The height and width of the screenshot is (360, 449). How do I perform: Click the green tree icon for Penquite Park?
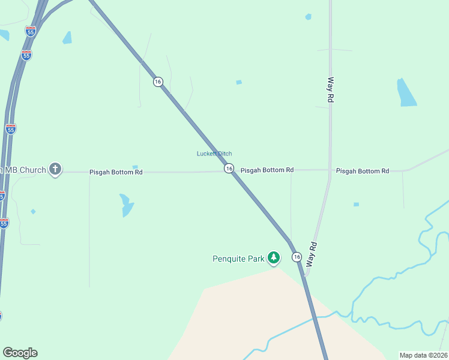pos(274,258)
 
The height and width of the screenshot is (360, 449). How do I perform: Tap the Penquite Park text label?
pos(238,259)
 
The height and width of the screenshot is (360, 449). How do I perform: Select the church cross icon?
pos(55,170)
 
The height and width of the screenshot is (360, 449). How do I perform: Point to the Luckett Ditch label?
pos(214,154)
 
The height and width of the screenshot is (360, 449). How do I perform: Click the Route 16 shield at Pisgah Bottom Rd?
pos(229,169)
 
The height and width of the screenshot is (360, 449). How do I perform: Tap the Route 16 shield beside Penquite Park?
pos(297,257)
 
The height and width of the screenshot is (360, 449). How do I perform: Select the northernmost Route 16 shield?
pos(157,82)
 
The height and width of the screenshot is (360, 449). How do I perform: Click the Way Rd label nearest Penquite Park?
pos(312,254)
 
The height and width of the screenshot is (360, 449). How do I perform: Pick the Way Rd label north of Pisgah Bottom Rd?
pos(330,89)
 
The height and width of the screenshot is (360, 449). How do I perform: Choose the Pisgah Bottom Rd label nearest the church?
pos(116,172)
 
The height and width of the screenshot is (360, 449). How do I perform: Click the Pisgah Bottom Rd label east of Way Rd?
pos(363,171)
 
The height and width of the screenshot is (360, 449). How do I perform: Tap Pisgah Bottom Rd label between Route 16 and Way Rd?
pos(267,170)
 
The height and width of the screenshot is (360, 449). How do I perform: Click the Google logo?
pos(20,353)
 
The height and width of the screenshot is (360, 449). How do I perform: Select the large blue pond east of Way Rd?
pos(406,94)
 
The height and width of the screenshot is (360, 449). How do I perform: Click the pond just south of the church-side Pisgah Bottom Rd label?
pos(126,205)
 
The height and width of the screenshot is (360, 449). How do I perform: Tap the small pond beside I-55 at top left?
pos(67,37)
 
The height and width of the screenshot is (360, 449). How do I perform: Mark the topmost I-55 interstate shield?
pos(30,31)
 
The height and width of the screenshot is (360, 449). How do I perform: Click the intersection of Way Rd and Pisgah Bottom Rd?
pos(330,170)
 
